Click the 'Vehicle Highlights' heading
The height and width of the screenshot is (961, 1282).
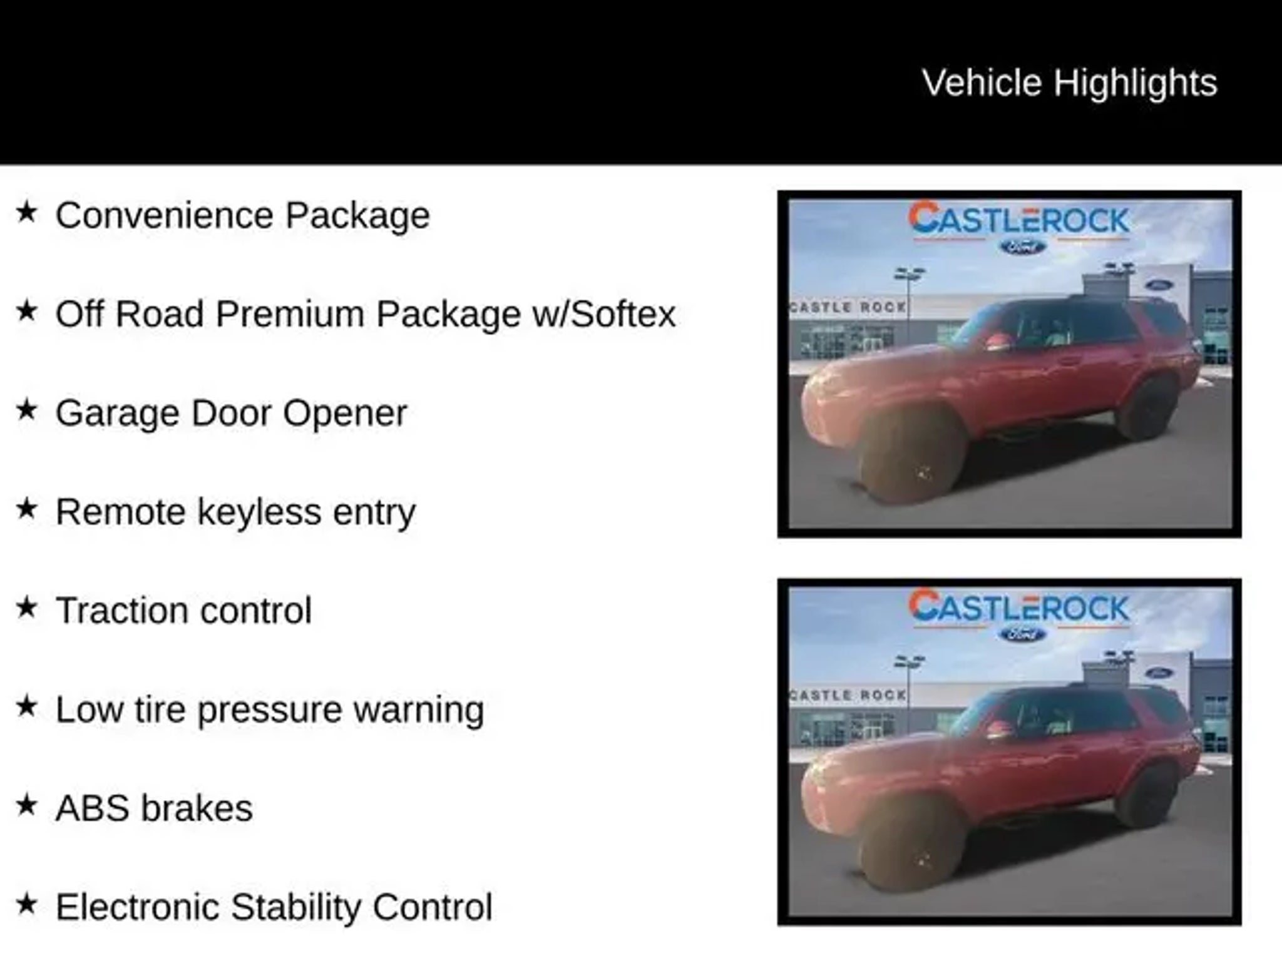(1070, 83)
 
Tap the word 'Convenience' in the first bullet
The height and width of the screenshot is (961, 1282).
(165, 215)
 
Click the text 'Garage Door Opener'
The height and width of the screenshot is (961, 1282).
(231, 414)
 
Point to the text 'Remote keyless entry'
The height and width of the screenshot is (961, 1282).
(235, 512)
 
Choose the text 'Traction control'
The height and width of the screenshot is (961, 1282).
(183, 611)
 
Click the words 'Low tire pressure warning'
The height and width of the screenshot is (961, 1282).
(270, 710)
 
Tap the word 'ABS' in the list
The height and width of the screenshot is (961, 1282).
(93, 808)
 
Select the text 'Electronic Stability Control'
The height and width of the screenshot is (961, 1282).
(274, 907)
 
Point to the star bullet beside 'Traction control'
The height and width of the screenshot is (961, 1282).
(26, 607)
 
